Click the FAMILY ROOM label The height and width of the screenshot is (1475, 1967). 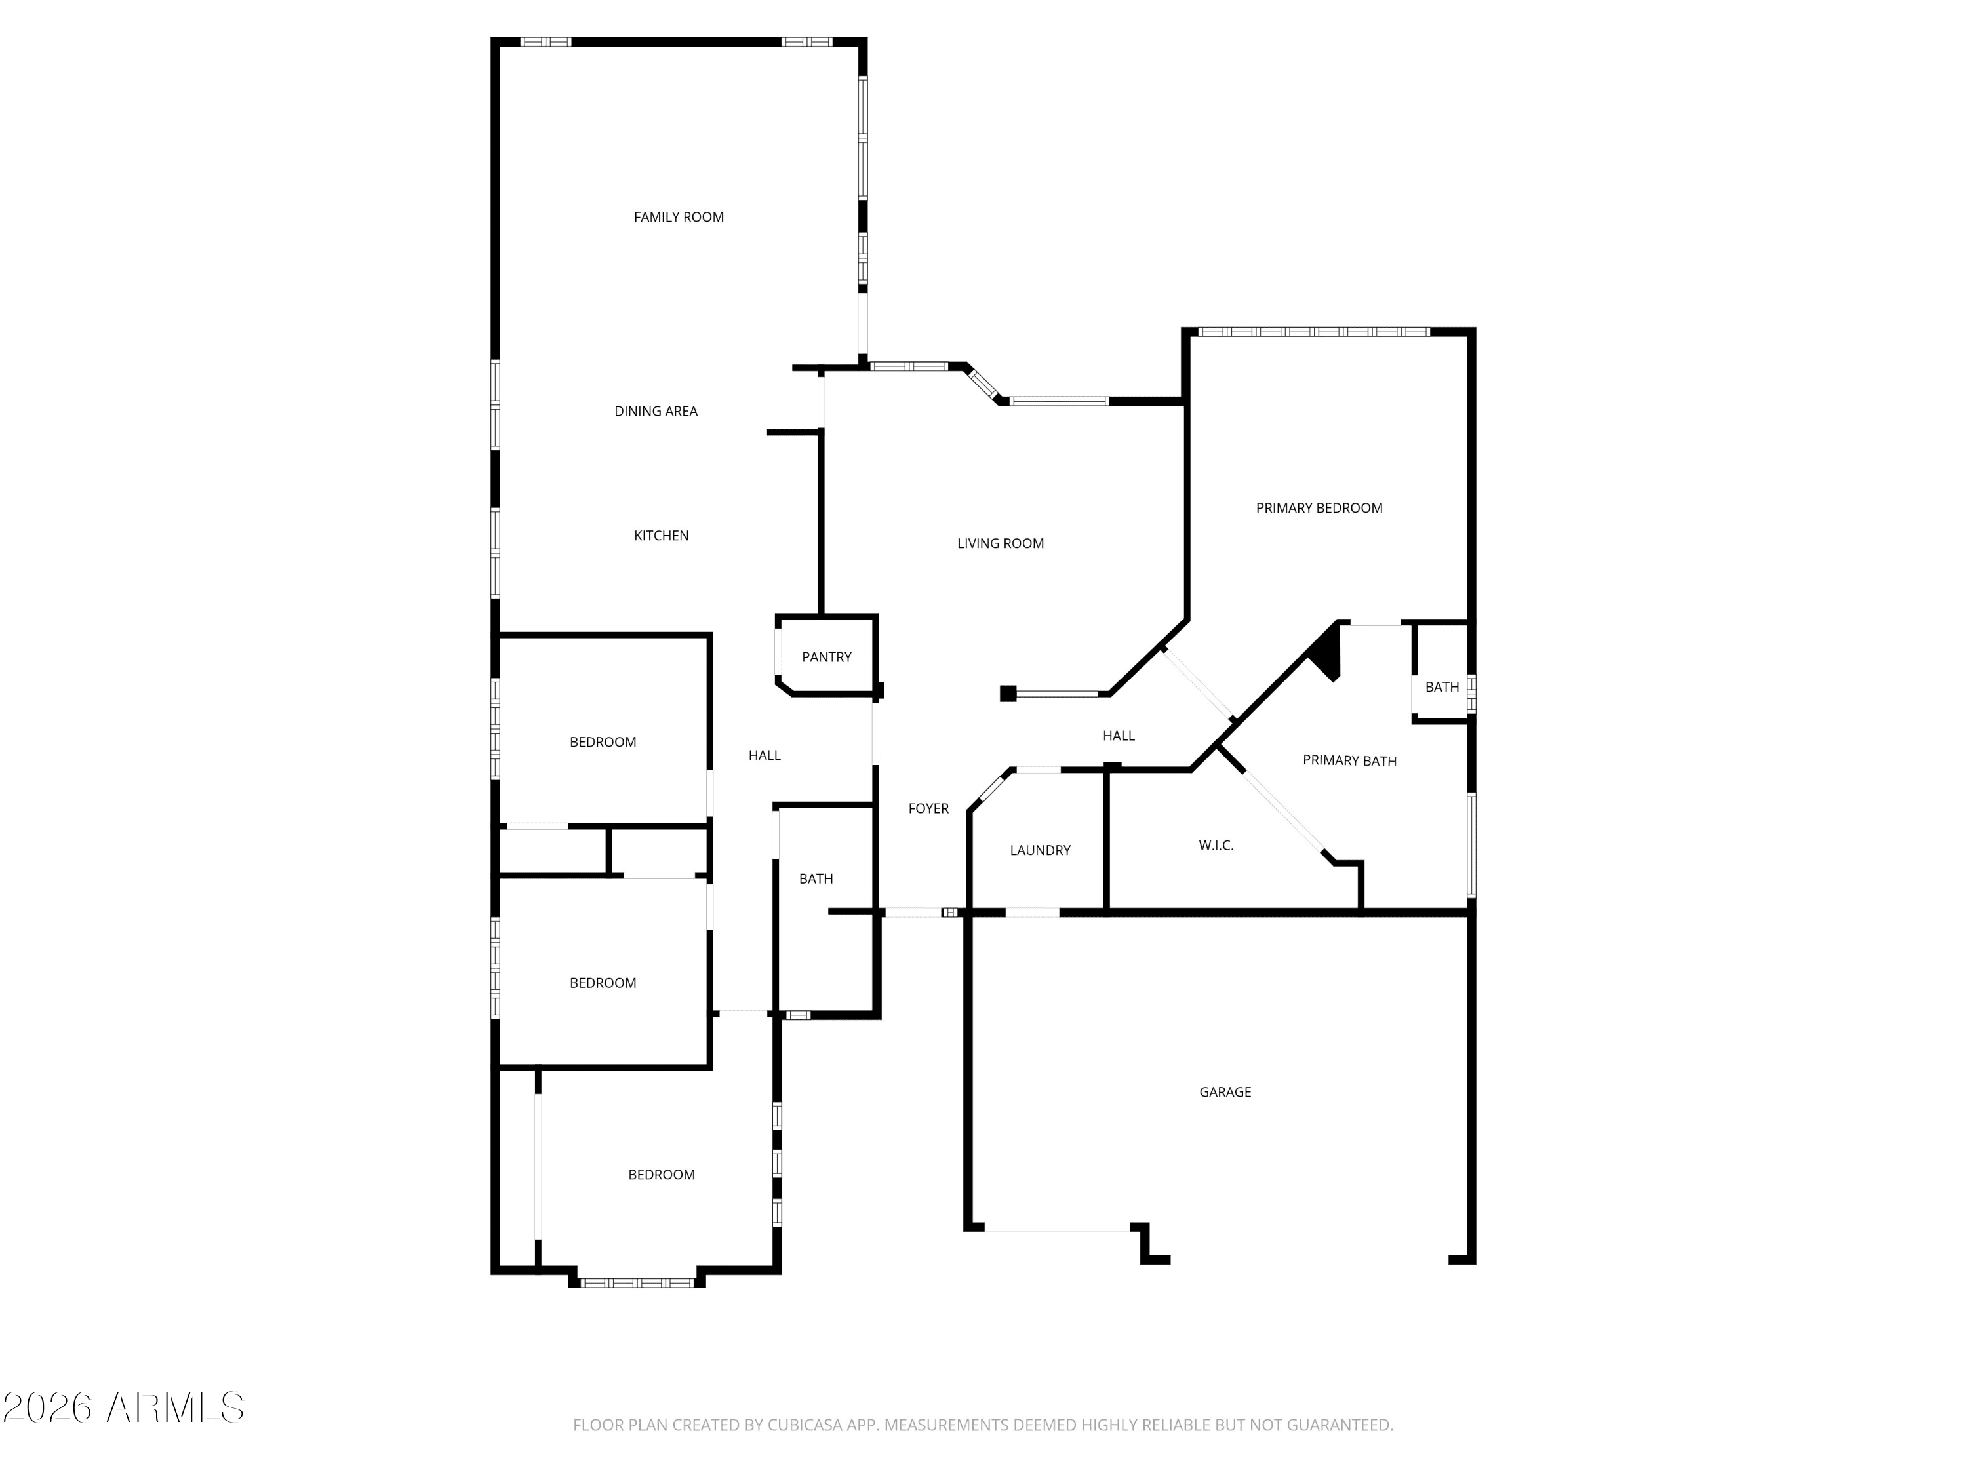679,217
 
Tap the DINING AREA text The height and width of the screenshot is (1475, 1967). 656,411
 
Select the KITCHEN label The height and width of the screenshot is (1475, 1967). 662,535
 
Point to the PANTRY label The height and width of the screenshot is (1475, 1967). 827,657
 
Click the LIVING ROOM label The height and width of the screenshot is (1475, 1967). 1001,543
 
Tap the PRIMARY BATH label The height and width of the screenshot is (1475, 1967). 1350,760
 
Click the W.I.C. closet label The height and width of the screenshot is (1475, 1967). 1216,846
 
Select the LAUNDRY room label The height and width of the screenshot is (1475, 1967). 1041,850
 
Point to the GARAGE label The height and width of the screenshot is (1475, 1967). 1225,1091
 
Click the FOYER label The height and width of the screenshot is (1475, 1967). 928,808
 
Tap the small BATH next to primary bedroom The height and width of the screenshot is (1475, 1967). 1442,686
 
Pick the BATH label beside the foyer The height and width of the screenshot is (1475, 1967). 816,878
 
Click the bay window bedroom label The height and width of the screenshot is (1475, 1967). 662,1175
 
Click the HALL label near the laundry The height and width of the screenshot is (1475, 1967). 1119,736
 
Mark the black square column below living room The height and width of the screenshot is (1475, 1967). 1008,694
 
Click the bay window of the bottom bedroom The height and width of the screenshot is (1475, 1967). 637,1283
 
